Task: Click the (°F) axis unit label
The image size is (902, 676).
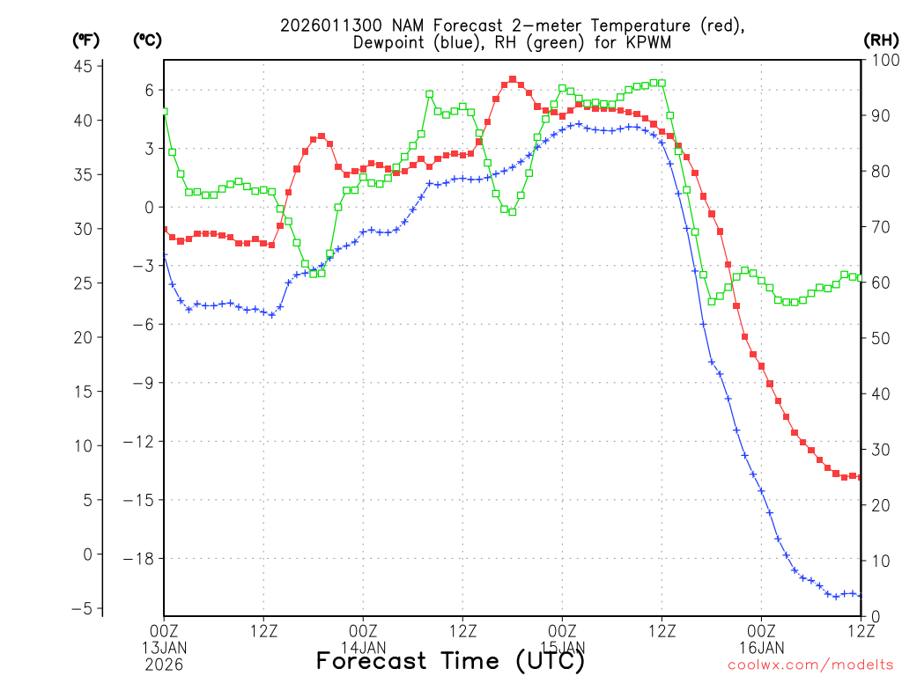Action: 85,40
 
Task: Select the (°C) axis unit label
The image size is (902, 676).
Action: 147,40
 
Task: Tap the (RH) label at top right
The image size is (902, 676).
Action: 882,40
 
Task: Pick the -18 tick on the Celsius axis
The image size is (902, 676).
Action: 141,558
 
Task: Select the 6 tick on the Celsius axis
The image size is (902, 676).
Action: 150,90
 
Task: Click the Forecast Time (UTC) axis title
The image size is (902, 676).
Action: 450,660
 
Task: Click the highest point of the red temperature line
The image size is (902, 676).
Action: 513,79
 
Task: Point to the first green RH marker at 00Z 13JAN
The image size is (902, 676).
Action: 164,112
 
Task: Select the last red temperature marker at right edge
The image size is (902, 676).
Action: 861,476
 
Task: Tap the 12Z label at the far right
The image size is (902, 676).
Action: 861,630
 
